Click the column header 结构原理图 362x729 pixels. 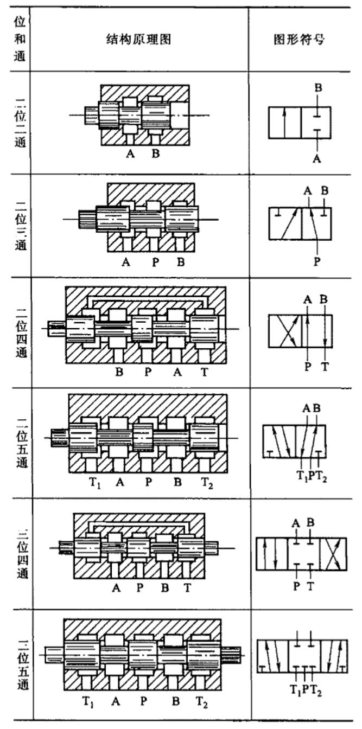tap(139, 40)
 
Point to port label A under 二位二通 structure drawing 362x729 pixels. tap(130, 154)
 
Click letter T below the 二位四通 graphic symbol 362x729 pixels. tap(325, 367)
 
